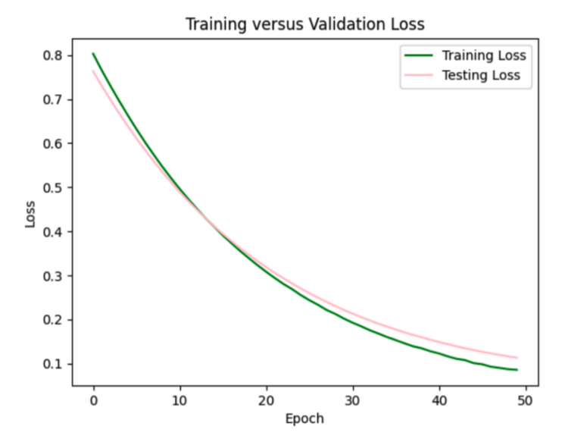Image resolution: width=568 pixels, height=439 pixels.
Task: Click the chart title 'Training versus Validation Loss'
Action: click(x=305, y=24)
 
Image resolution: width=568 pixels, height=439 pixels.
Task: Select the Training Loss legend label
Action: click(x=483, y=55)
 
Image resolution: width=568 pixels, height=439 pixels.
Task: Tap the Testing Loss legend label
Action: click(x=482, y=75)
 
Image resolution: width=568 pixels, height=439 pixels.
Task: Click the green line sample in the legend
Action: click(x=419, y=55)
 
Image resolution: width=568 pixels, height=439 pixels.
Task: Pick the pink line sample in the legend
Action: click(x=419, y=75)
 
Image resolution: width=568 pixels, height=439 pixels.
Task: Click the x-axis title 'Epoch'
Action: click(x=305, y=418)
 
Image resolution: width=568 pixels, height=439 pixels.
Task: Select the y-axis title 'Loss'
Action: click(x=30, y=213)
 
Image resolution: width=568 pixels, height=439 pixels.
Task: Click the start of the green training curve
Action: click(x=93, y=54)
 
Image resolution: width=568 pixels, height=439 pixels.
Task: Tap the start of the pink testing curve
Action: click(x=93, y=71)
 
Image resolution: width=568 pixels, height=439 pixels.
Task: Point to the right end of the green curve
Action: click(x=517, y=370)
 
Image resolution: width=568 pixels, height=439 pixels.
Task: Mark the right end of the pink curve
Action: click(x=517, y=358)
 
